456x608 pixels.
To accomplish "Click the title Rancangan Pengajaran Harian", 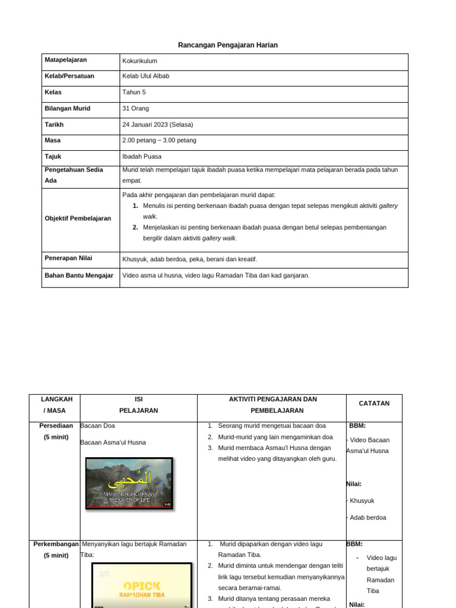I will (228, 45).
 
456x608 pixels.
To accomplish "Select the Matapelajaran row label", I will (66, 60).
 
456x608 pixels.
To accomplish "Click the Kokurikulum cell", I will (140, 61).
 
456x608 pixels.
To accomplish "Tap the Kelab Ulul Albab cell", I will (145, 76).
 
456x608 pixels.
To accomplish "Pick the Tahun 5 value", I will (134, 93).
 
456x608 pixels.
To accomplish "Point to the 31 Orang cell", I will (135, 109).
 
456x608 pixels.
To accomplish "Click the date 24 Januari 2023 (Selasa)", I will (157, 125).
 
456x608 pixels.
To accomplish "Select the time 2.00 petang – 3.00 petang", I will (159, 141).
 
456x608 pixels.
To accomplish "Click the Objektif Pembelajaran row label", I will (78, 218).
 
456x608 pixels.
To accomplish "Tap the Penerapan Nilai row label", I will (68, 258).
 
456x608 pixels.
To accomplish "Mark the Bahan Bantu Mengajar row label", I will (79, 275).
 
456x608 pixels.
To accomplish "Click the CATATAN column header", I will (374, 404).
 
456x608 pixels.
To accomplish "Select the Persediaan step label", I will (56, 426).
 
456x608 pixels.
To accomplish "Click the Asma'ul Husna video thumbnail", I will (129, 483).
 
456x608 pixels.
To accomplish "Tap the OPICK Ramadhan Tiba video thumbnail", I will (142, 585).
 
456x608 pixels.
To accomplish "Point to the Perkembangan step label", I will (56, 544).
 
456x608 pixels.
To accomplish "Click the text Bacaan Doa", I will (98, 426).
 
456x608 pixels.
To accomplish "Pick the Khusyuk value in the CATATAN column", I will (362, 501).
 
